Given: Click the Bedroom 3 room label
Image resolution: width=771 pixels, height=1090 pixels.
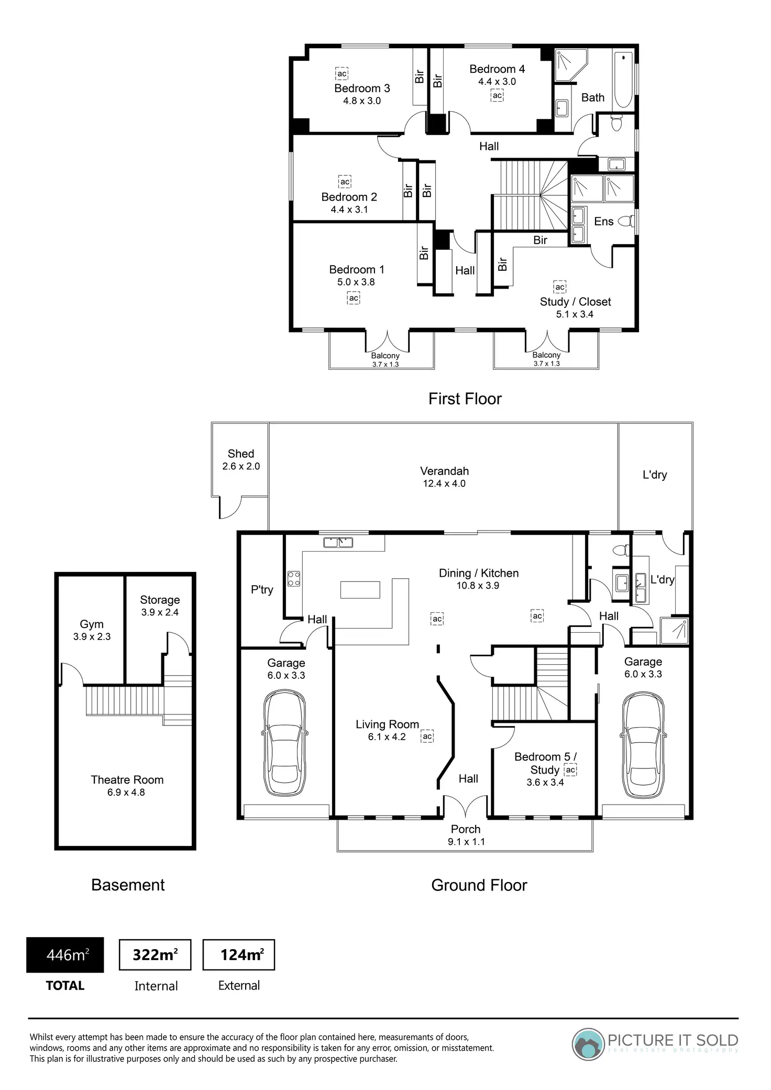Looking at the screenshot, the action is [x=362, y=88].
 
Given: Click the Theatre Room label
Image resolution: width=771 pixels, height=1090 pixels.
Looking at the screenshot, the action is [x=127, y=780].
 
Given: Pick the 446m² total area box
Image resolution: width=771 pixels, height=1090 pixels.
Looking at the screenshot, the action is [x=65, y=955].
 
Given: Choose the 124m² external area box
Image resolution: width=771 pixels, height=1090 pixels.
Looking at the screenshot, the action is [x=239, y=955].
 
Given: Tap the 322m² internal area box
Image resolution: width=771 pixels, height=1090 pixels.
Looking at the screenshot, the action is [x=155, y=955].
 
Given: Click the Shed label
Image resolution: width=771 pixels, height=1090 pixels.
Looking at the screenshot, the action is [x=241, y=454].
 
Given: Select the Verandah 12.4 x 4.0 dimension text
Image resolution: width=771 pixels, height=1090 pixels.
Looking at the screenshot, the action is [x=444, y=483].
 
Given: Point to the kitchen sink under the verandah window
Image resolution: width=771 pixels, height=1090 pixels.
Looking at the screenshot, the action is [x=338, y=542].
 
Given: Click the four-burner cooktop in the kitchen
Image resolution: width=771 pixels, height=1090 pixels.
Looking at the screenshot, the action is [x=294, y=578].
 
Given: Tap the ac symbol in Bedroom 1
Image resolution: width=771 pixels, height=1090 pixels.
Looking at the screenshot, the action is [x=354, y=298].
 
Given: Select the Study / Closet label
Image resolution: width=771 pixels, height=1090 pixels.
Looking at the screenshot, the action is [x=576, y=302].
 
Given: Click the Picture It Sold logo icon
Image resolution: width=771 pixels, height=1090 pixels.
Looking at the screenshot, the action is [x=588, y=1044].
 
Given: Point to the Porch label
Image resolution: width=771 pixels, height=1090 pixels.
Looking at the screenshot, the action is [x=466, y=829].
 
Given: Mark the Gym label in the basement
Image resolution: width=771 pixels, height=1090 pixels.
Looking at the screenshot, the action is [x=92, y=624].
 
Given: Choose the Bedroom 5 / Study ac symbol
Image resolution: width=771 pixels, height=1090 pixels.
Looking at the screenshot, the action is [x=570, y=770].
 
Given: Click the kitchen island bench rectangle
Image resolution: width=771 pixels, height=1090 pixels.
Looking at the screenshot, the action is [x=360, y=589].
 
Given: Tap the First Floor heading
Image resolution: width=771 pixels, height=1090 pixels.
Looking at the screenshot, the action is [x=465, y=399].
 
